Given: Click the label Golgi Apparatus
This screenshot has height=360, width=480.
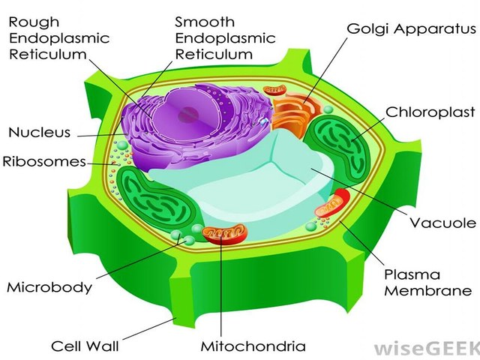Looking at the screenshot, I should click(x=411, y=29).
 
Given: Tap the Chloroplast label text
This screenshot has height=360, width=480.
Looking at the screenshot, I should click(x=430, y=112).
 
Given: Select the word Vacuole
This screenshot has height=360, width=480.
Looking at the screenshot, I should click(x=442, y=223).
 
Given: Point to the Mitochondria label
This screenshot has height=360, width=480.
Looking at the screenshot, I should click(x=253, y=346).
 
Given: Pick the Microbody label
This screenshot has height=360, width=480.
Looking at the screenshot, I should click(x=49, y=286).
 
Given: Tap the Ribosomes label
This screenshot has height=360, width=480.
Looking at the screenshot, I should click(x=44, y=161).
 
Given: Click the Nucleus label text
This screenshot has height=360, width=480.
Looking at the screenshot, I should click(x=39, y=133).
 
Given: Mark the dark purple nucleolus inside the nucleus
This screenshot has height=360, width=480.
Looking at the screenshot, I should click(x=188, y=114).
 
